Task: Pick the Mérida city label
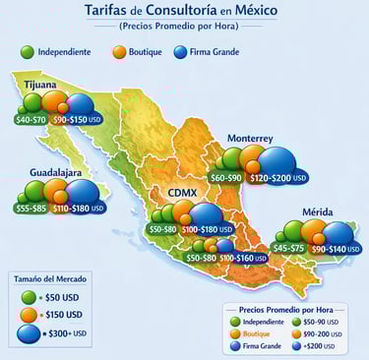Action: pyautogui.click(x=318, y=212)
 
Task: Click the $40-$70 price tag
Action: pyautogui.click(x=32, y=119)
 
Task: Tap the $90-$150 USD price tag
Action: pyautogui.click(x=78, y=119)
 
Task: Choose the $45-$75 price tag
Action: pyautogui.click(x=289, y=249)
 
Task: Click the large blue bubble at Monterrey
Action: pyautogui.click(x=276, y=160)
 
